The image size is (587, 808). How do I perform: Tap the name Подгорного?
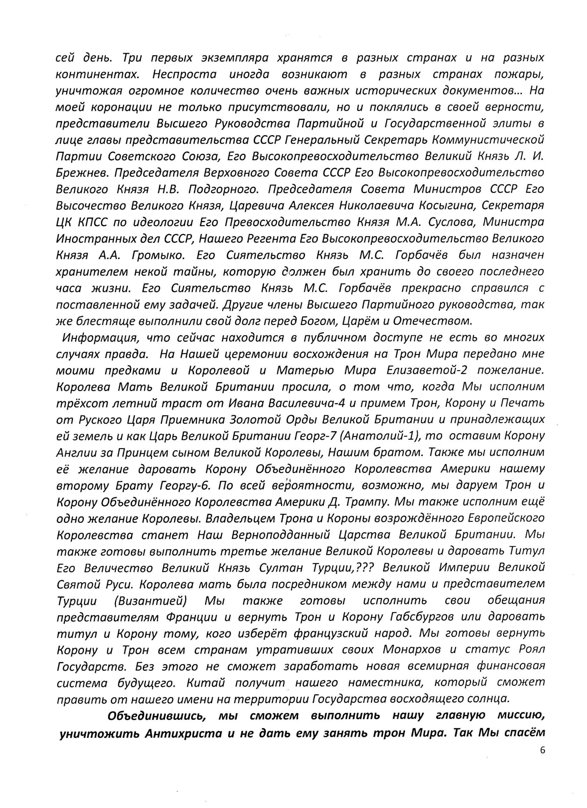point(223,189)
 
